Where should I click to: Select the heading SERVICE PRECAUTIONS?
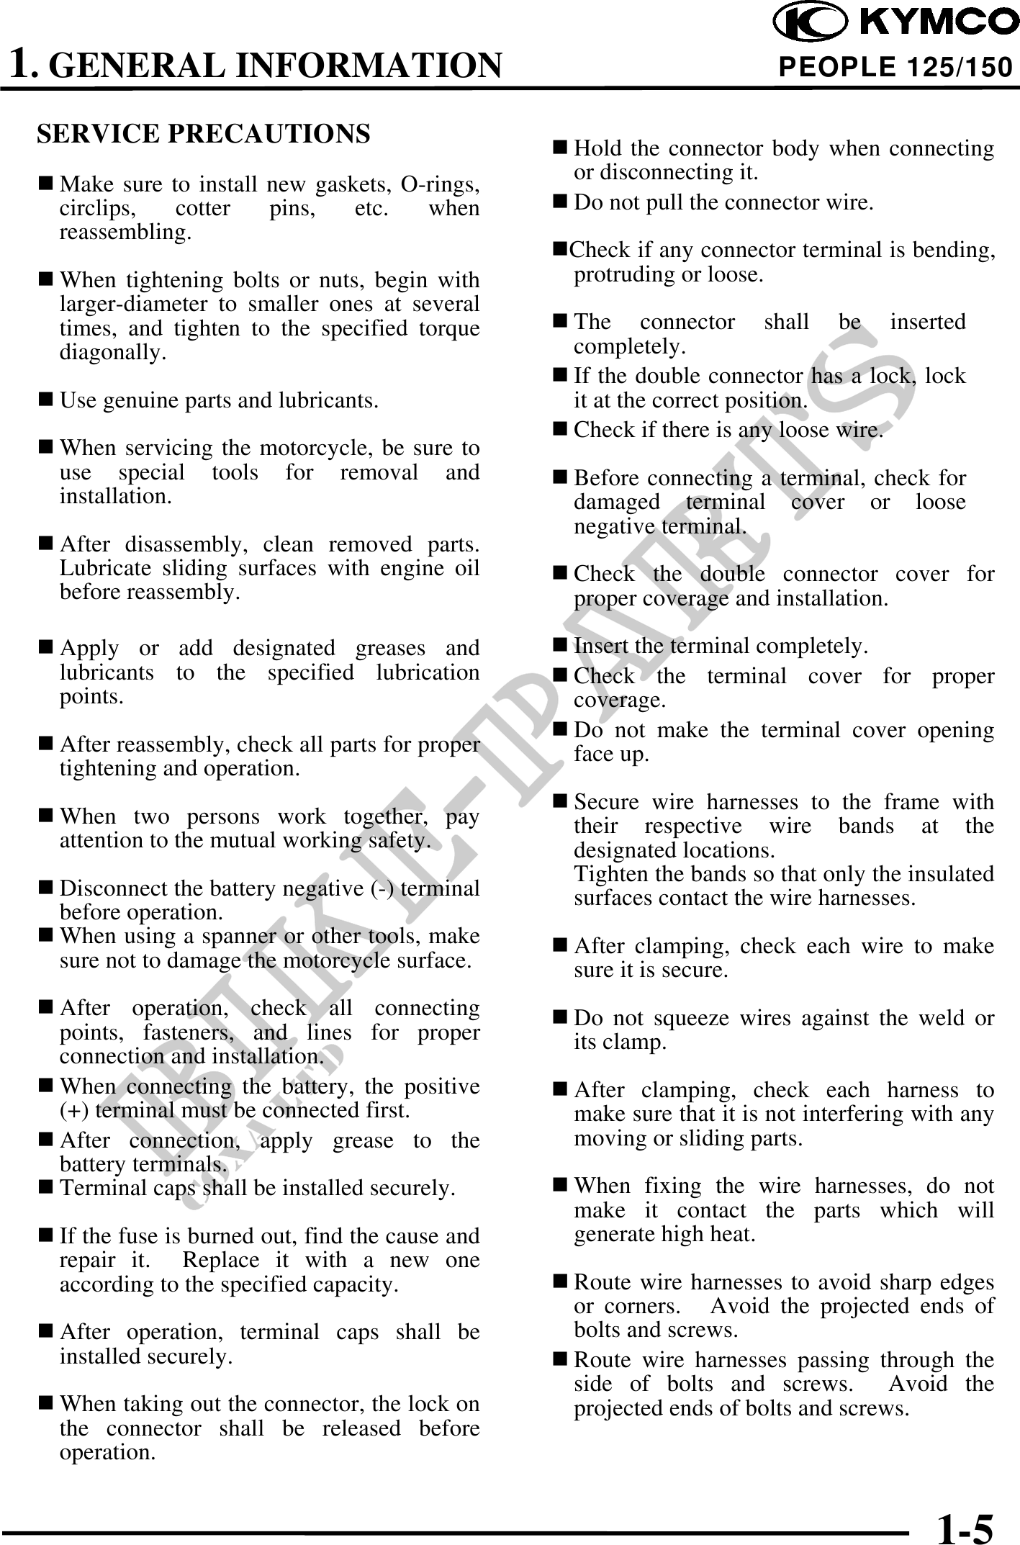204,134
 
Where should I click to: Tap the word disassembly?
180,544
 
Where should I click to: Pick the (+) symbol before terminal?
71,1110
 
